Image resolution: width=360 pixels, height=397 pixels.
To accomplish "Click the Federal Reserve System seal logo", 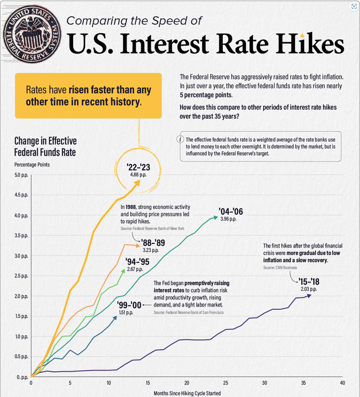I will click(x=29, y=33).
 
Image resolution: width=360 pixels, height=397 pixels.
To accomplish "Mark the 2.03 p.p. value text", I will click(x=309, y=289).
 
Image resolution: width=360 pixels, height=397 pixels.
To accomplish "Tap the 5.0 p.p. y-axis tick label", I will click(x=20, y=175).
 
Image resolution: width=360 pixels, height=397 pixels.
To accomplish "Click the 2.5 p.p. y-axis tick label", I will click(x=20, y=276).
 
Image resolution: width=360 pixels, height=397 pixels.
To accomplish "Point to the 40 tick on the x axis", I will click(x=341, y=383).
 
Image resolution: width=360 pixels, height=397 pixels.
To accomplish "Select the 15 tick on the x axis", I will click(x=147, y=383).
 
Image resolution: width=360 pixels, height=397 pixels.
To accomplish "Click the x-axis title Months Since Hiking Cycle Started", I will click(x=187, y=393).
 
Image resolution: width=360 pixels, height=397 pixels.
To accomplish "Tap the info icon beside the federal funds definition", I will click(x=181, y=139).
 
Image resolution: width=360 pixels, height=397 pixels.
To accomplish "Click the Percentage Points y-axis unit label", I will click(x=31, y=164).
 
